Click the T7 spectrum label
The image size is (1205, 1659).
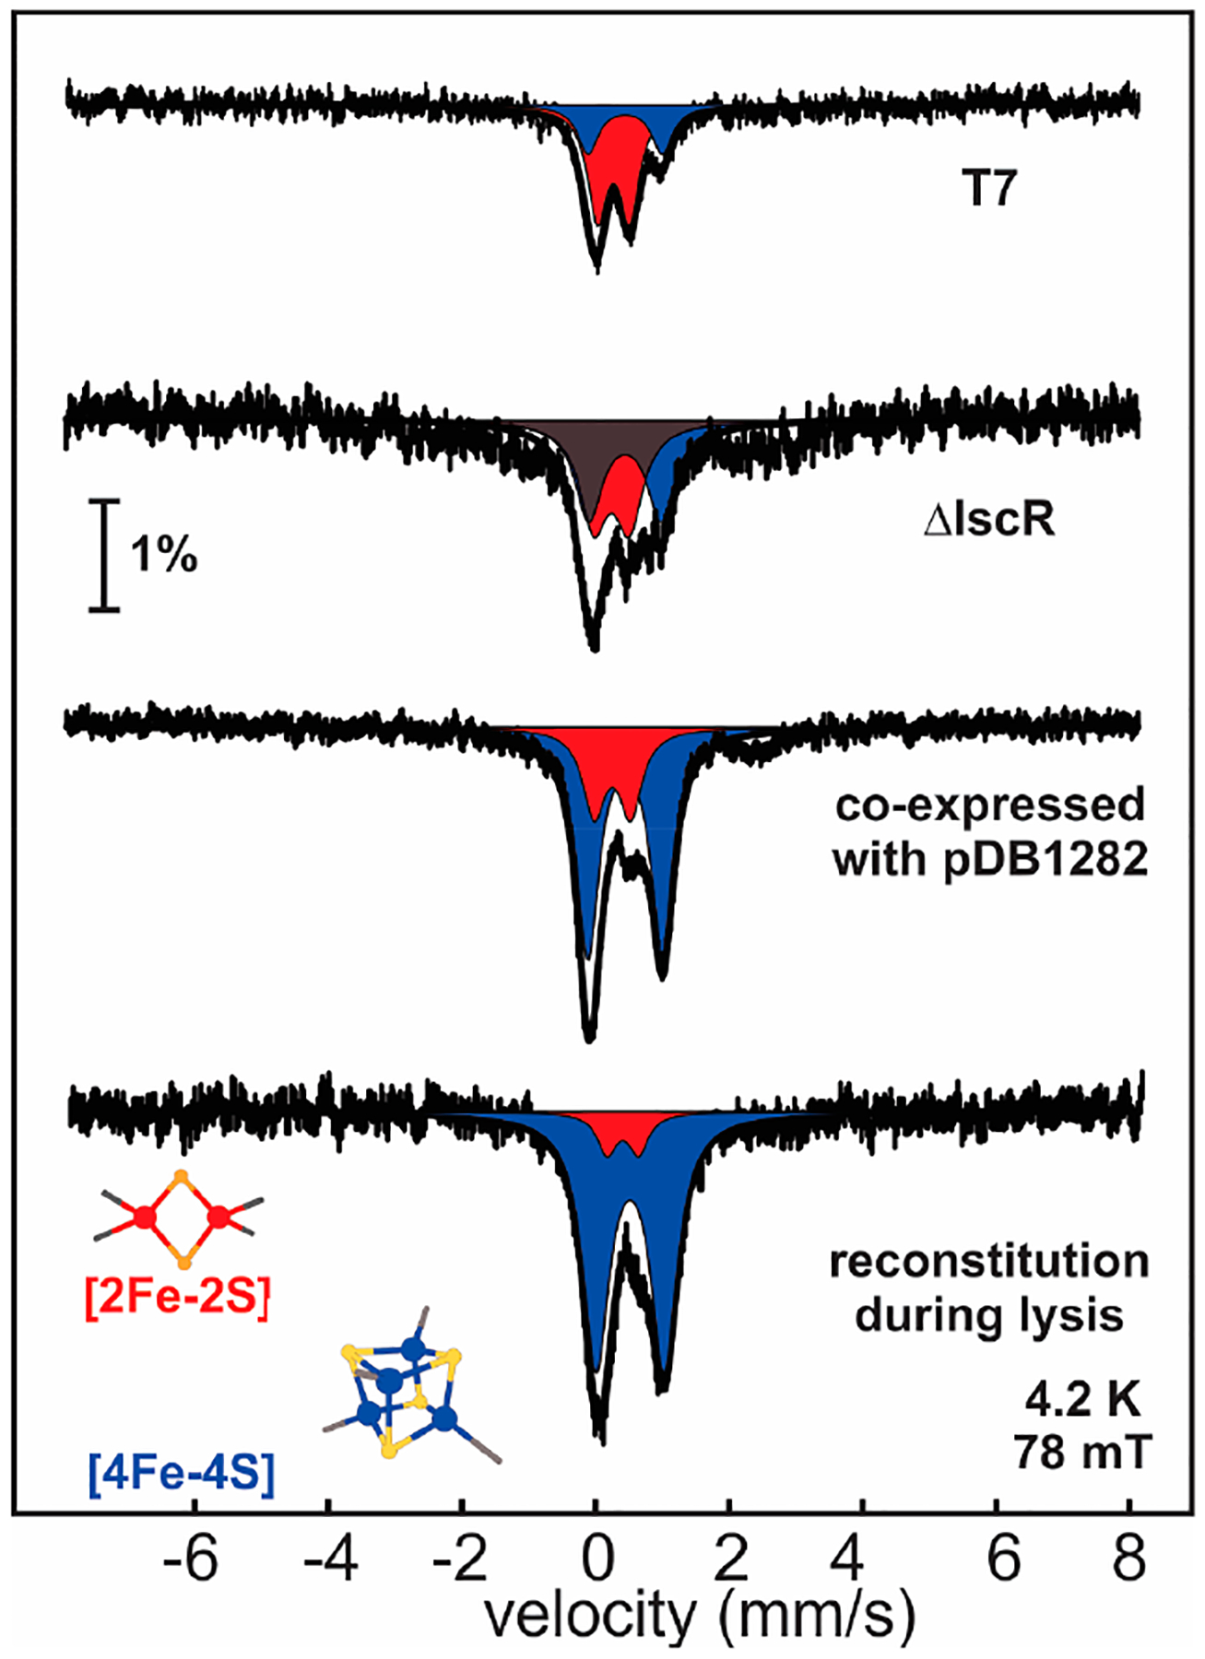tap(988, 190)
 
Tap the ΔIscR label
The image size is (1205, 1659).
tap(988, 521)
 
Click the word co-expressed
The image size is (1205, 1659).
tap(990, 806)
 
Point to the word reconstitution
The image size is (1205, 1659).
tap(989, 1262)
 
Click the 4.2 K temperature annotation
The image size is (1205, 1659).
tap(1082, 1401)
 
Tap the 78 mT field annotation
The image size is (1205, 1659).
tap(1082, 1453)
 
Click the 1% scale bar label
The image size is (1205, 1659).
tap(163, 555)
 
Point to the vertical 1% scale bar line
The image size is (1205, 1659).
tap(105, 555)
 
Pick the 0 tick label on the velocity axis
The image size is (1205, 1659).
tap(597, 1559)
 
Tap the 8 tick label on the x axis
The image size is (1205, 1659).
tap(1129, 1559)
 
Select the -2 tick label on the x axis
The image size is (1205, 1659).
tap(458, 1559)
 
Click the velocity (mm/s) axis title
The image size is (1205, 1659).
tap(700, 1615)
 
